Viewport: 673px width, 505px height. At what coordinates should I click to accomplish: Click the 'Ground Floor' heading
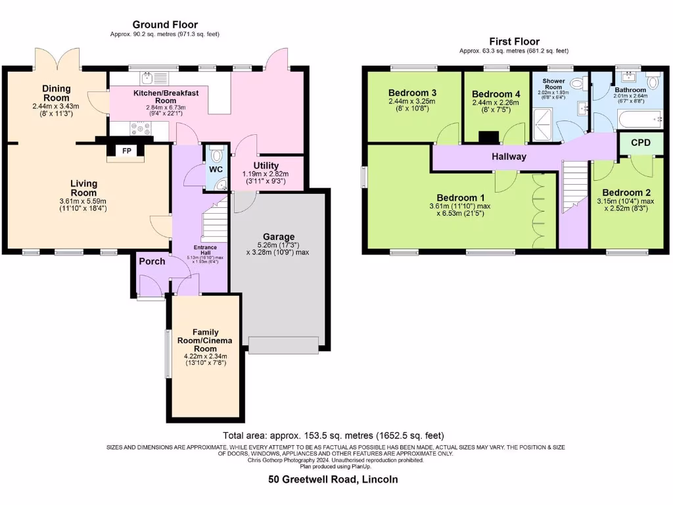click(165, 25)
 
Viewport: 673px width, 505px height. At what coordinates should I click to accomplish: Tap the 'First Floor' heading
click(513, 41)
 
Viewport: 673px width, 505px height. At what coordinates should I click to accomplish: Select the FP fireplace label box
click(126, 151)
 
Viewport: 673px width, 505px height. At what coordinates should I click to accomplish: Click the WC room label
click(216, 170)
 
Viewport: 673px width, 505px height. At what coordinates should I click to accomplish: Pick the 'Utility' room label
click(266, 166)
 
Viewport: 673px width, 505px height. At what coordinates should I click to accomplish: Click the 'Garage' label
click(279, 237)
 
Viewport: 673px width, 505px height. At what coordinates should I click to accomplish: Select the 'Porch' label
click(152, 261)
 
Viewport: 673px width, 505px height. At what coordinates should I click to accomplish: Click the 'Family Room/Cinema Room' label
click(206, 341)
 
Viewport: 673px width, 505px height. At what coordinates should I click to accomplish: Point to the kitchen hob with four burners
click(139, 128)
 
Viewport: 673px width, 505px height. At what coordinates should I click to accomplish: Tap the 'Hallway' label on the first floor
click(509, 156)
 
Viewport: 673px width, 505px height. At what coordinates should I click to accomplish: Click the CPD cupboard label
click(641, 143)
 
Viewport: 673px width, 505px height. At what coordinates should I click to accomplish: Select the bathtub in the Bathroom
click(638, 119)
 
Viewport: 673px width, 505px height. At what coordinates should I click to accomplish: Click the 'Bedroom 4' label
click(496, 94)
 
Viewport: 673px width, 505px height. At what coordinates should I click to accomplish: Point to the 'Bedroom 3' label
click(413, 93)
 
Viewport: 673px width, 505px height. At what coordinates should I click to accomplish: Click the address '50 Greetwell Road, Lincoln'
click(333, 479)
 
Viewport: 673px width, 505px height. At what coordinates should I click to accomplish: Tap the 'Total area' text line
click(333, 435)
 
